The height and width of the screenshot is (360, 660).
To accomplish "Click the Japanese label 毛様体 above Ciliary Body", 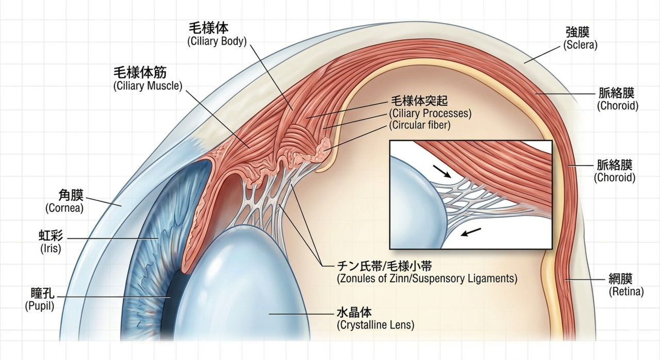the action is coord(208,28).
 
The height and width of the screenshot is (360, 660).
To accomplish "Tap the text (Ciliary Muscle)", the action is coord(148,86).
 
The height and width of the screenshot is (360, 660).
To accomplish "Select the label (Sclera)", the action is coord(580,45).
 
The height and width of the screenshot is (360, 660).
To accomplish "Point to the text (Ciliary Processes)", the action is coord(430,113).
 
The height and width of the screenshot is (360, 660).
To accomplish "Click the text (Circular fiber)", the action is coord(420,125).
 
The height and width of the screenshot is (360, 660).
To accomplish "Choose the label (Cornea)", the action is coord(64,208).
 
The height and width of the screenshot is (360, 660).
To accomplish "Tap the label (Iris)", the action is coord(51,249).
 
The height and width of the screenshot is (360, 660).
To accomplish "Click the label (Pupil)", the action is coord(40,306).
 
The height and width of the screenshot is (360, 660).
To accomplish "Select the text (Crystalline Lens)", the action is coord(375,325).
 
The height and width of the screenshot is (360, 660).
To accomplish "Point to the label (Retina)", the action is coord(626,291).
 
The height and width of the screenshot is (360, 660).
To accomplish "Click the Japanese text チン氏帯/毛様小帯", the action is coord(384,266).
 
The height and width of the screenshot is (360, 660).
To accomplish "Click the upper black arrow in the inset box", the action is coord(442,171).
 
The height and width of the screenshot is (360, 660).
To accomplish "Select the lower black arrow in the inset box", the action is coord(471,232).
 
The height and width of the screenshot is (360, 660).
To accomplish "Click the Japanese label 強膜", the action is coord(577,32).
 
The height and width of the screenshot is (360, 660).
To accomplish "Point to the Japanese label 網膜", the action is coord(620,279).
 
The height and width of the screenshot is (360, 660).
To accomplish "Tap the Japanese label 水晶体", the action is coord(354,312).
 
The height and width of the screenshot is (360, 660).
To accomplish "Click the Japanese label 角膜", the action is coord(71,195).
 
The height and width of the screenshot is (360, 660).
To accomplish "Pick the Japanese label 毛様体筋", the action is coord(140,73).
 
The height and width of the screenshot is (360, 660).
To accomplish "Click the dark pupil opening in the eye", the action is coord(171,303).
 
